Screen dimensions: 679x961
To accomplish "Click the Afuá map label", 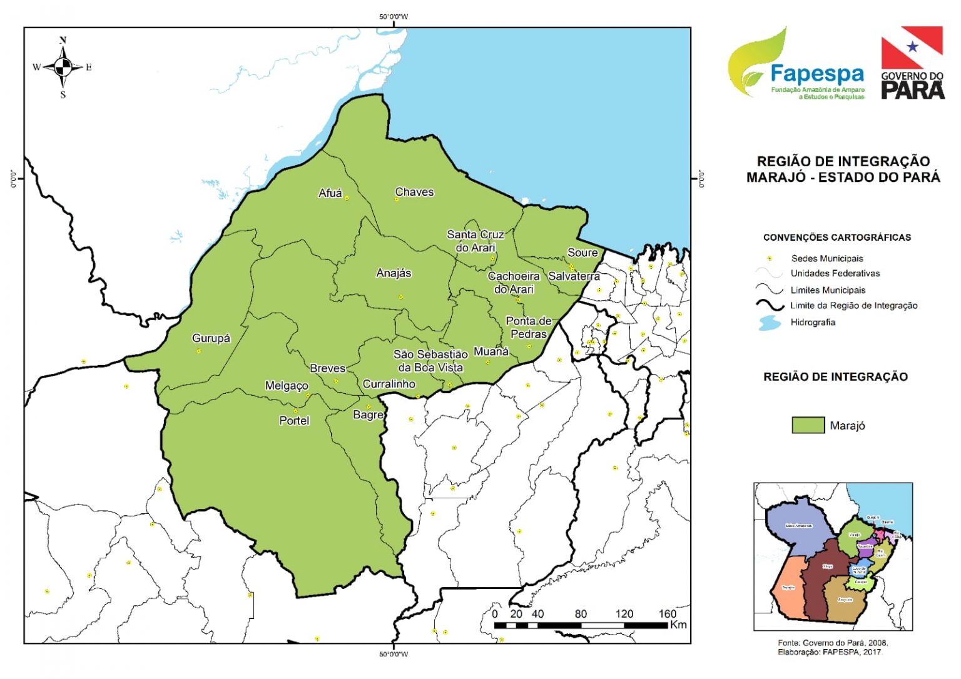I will tap(330, 193).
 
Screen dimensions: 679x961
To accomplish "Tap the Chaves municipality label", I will tap(414, 192).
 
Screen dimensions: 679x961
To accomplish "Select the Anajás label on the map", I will tap(394, 273).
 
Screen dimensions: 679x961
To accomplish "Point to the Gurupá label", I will tap(211, 338).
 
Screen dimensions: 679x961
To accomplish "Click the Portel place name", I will tap(294, 421).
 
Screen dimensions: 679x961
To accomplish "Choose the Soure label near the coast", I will tap(582, 253).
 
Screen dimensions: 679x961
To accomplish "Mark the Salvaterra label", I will tap(574, 276).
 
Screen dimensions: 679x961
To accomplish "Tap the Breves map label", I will tap(327, 368).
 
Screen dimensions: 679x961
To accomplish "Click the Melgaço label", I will tap(287, 386).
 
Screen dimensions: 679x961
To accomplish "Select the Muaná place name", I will tap(491, 351).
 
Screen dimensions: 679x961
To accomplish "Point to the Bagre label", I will tap(368, 415).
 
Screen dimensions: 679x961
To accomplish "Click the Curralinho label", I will tap(389, 384).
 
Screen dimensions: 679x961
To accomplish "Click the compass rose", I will tap(63, 67).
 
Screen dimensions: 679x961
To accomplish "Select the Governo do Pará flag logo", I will tap(912, 63).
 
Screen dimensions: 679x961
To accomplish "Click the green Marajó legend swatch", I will tap(808, 425).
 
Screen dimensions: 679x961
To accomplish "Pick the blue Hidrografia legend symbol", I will tap(770, 323).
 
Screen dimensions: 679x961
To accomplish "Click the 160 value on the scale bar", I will tap(667, 614).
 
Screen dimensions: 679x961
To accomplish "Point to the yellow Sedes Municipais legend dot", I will tap(770, 258).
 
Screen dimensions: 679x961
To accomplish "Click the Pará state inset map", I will tap(833, 556).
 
